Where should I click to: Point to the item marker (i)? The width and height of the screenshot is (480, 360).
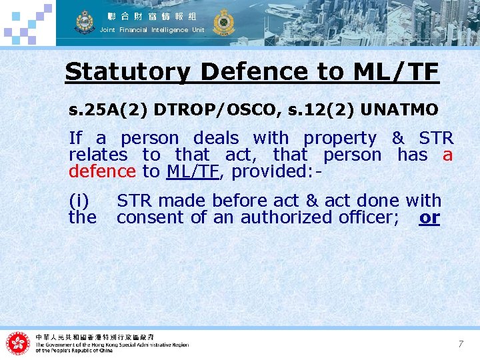(81, 201)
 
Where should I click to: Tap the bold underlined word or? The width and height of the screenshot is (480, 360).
(429, 217)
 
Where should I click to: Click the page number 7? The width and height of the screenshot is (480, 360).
(460, 344)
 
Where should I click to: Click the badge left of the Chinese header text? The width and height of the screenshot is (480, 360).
(85, 21)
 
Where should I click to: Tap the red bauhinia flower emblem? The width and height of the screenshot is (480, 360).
(18, 343)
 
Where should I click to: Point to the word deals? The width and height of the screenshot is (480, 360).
(215, 139)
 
